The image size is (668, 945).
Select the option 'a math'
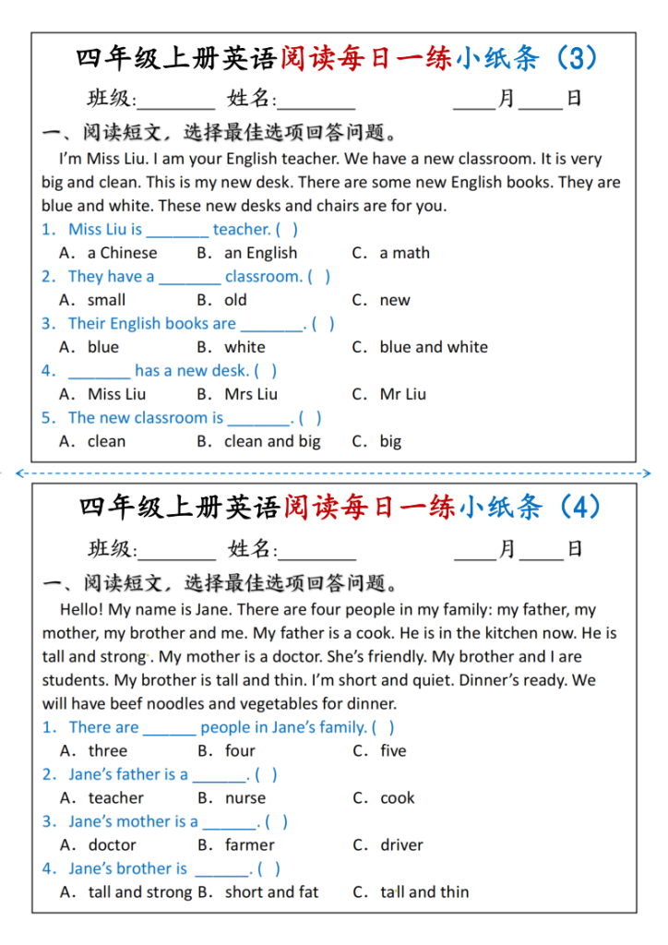pyautogui.click(x=404, y=253)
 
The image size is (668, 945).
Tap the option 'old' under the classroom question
pyautogui.click(x=235, y=300)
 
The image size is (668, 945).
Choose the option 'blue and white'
pyautogui.click(x=433, y=347)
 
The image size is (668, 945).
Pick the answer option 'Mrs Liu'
pyautogui.click(x=251, y=394)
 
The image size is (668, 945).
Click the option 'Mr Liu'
pyautogui.click(x=402, y=394)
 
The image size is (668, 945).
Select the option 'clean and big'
pyautogui.click(x=272, y=441)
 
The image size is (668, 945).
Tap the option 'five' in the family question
pyautogui.click(x=393, y=751)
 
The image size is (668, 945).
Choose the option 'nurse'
pyautogui.click(x=245, y=798)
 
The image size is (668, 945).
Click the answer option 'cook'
pyautogui.click(x=398, y=798)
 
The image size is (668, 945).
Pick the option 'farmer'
pyautogui.click(x=249, y=845)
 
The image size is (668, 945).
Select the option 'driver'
pyautogui.click(x=401, y=845)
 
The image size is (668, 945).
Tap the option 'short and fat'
pyautogui.click(x=271, y=892)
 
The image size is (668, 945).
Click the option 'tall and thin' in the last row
pyautogui.click(x=424, y=892)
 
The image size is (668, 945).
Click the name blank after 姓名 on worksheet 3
pyautogui.click(x=316, y=100)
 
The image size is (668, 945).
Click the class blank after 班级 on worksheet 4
pyautogui.click(x=176, y=550)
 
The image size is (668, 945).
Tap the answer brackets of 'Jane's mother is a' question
pyautogui.click(x=277, y=821)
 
